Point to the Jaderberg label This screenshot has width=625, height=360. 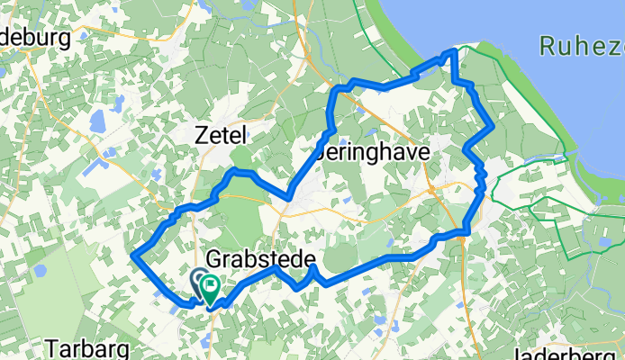[568, 352]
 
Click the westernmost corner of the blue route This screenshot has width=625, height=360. [133, 256]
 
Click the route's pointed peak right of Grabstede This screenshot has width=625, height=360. [311, 266]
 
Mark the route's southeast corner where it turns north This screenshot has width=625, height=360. [466, 232]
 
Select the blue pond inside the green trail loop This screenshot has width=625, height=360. [602, 240]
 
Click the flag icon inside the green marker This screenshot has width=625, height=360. [212, 288]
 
